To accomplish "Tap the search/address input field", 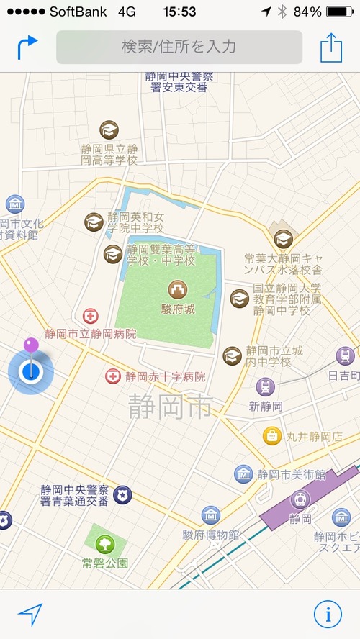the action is [x=179, y=47].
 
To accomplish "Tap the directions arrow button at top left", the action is [x=27, y=47].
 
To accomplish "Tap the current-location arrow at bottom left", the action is [x=30, y=614].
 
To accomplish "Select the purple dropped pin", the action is [x=31, y=346].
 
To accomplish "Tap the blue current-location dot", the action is [x=31, y=371].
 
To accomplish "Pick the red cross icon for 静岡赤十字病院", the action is [x=113, y=376].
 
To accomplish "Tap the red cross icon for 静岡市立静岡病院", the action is [x=91, y=315].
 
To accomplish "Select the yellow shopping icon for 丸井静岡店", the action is [x=271, y=435].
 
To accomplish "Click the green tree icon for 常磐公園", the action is [x=105, y=543].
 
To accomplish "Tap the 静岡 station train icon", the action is [x=300, y=499].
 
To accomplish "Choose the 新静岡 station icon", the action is [x=265, y=387].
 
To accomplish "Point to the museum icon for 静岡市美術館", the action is [x=243, y=474].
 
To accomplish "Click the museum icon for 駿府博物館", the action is [x=211, y=515].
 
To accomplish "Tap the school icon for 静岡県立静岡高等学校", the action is [x=109, y=130].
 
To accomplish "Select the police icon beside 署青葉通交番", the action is [x=122, y=494].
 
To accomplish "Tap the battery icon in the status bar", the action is [x=339, y=12].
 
